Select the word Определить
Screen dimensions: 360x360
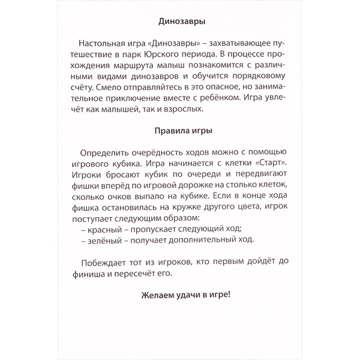[x=108, y=152]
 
